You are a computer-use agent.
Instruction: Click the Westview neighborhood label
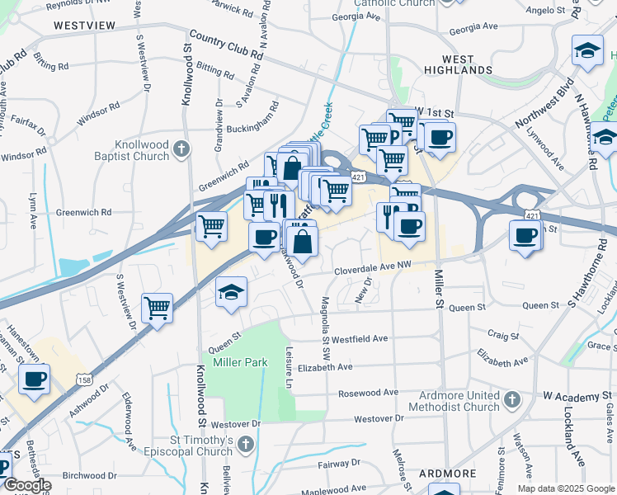click(x=84, y=26)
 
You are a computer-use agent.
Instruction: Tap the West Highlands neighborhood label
click(x=458, y=65)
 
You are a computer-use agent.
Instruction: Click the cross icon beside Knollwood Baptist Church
click(x=182, y=149)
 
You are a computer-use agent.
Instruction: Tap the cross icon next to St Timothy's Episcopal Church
click(x=245, y=445)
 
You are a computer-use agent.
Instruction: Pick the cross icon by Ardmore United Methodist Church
click(x=511, y=400)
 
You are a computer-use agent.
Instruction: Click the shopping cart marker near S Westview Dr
click(x=157, y=308)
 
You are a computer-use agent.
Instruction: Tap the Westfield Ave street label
click(x=360, y=338)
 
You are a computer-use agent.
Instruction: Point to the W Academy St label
click(x=577, y=398)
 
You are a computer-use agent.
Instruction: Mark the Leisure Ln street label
click(x=290, y=366)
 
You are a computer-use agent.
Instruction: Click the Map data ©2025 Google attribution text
click(x=566, y=488)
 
